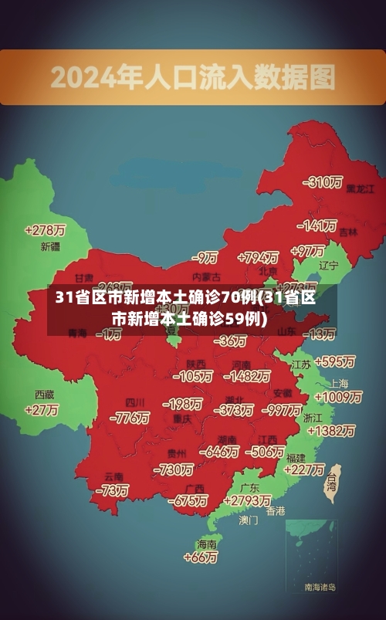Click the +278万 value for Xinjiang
[45, 229]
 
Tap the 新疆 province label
[50, 247]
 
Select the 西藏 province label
[44, 394]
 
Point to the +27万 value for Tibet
[42, 410]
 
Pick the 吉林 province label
[348, 232]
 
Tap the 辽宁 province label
[329, 266]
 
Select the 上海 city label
[339, 383]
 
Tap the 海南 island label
[208, 544]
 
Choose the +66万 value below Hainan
[201, 557]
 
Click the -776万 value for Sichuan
[130, 418]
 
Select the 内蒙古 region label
[206, 276]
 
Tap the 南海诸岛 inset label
[320, 588]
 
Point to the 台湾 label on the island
[332, 482]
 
